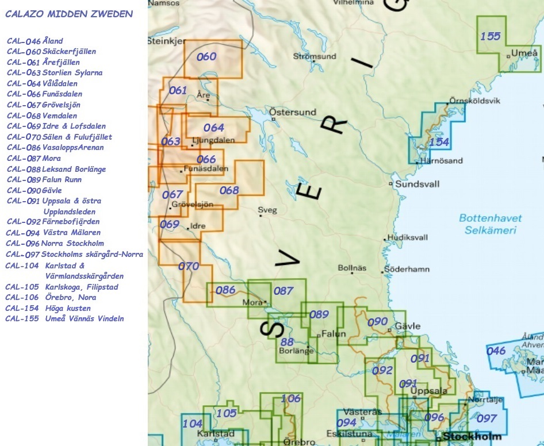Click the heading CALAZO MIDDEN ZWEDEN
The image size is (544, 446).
coord(69,14)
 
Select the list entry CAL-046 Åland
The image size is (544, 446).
coord(35,41)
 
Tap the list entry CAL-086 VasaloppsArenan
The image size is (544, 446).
coord(56,148)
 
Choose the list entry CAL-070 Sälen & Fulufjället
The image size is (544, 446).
coord(59,137)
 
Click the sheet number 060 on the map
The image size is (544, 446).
coord(206,56)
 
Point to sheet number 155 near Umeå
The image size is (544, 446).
coord(491,36)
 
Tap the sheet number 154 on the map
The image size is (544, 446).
coord(439,142)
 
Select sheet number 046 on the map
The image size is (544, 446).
coord(496,351)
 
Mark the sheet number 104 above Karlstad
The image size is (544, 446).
coord(193,424)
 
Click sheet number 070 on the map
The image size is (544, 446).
coord(189,266)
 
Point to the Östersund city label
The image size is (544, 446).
coord(293,112)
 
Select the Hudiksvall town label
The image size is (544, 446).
coord(408,237)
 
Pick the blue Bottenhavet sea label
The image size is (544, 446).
coord(491,218)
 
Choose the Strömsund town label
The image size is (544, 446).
coord(315,56)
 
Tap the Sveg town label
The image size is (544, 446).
coord(267,210)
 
